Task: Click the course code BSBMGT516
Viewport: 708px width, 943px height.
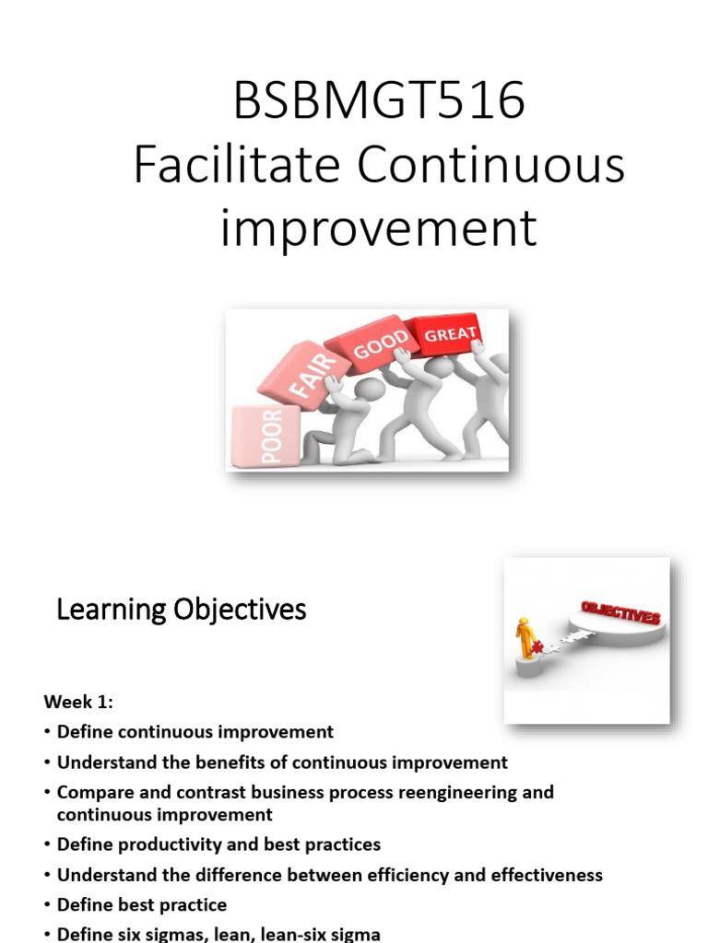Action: pyautogui.click(x=379, y=100)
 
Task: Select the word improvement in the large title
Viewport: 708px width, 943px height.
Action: pyautogui.click(x=378, y=227)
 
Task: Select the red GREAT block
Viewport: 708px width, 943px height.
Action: pyautogui.click(x=450, y=333)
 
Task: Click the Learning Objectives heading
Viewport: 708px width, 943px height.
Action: pyautogui.click(x=182, y=610)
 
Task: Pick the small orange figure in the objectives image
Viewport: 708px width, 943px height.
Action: pyautogui.click(x=525, y=635)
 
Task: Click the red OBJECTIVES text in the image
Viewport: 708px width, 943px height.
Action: pyautogui.click(x=620, y=612)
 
